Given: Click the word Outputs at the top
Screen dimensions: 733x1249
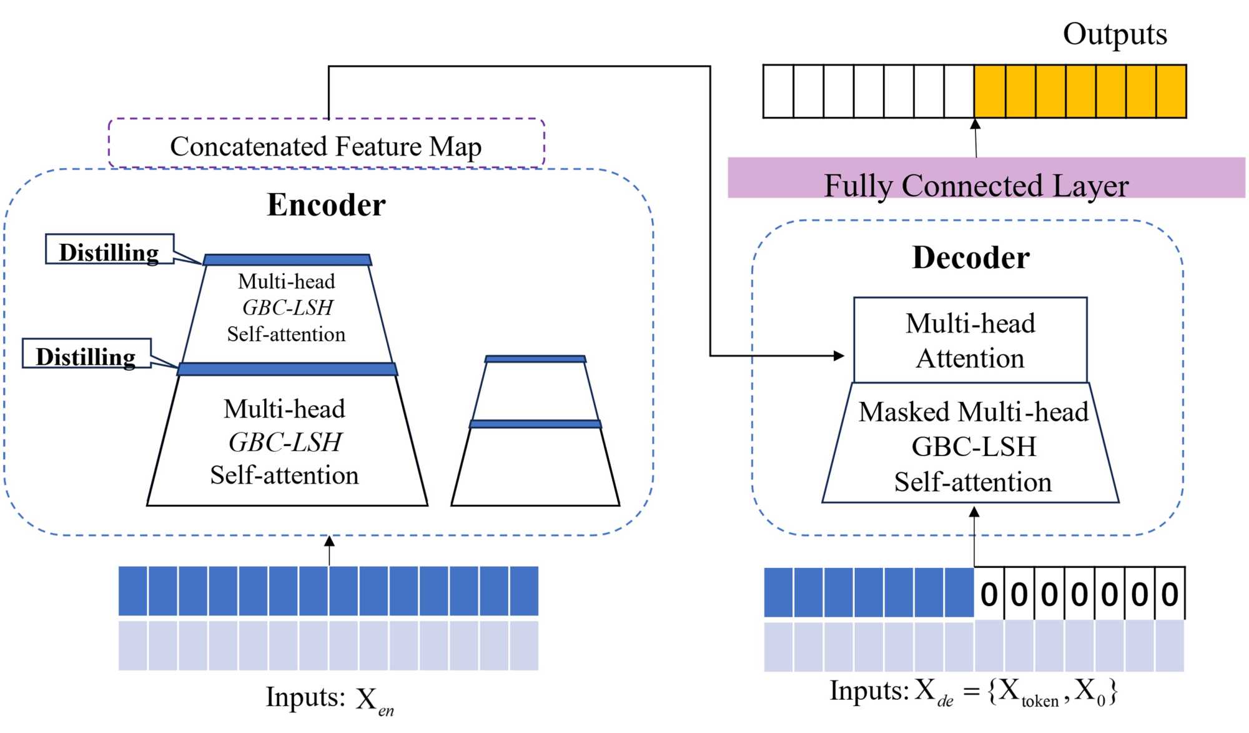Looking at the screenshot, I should [x=1115, y=34].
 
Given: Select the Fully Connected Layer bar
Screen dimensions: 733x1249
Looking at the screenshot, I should [x=985, y=178].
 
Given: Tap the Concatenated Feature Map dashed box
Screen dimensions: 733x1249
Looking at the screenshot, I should [x=326, y=144].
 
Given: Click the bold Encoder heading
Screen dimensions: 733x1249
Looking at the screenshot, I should [x=326, y=205].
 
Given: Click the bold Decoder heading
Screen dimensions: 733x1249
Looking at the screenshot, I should [x=970, y=257].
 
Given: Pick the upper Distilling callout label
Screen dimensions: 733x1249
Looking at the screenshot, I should [x=109, y=250].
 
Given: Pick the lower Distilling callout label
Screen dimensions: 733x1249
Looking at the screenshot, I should [x=86, y=354].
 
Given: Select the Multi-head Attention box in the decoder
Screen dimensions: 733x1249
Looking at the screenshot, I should [x=970, y=341].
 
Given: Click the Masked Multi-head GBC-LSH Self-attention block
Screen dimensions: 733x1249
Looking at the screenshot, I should [x=972, y=446].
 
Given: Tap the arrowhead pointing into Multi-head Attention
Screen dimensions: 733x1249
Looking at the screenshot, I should [x=839, y=356].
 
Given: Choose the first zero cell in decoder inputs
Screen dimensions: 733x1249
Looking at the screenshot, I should [x=989, y=594].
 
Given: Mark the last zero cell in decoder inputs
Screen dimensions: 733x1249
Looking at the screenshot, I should [x=1170, y=594].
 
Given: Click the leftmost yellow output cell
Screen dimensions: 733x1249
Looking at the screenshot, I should [x=990, y=91].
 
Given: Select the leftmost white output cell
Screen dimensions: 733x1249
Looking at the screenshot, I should [x=778, y=91].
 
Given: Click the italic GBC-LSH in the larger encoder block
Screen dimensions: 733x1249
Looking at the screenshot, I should [x=285, y=442].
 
